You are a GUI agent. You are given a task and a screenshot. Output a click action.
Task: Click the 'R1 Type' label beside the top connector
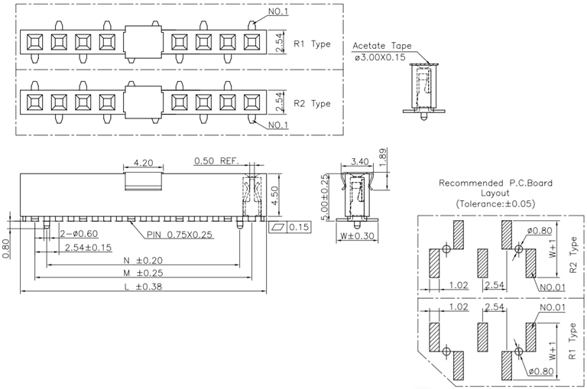click(x=312, y=44)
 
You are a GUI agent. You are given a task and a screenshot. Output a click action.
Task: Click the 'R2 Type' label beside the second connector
click(x=312, y=103)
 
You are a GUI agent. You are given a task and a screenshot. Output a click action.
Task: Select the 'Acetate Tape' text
click(x=381, y=46)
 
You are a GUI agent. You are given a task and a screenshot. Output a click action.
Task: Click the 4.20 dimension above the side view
click(x=144, y=163)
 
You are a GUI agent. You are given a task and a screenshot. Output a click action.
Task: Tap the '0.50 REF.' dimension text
click(x=217, y=161)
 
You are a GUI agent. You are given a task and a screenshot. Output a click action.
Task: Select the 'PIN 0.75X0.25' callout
click(x=180, y=234)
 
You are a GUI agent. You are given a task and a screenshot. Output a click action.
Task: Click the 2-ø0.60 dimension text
click(x=78, y=234)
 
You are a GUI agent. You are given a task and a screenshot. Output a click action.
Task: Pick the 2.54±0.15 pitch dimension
click(x=89, y=248)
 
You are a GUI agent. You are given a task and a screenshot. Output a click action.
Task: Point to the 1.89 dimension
click(x=384, y=156)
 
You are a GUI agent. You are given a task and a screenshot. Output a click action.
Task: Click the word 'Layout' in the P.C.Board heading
click(x=495, y=194)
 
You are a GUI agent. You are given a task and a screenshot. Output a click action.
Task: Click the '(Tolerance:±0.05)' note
click(x=495, y=204)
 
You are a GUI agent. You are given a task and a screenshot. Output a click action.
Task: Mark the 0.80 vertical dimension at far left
click(x=7, y=248)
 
